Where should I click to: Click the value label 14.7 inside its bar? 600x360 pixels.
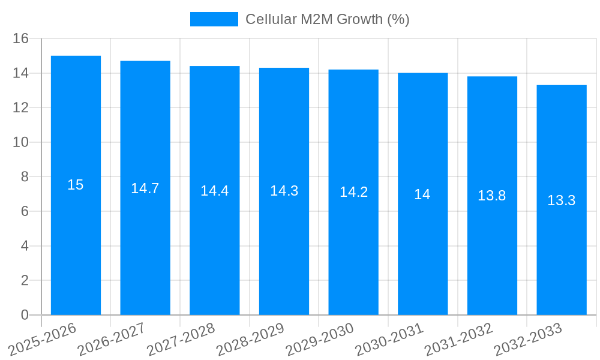coord(145,188)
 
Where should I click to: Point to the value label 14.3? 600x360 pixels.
coord(284,191)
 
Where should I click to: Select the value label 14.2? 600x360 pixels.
coord(353,192)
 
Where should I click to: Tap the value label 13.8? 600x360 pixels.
coord(492,196)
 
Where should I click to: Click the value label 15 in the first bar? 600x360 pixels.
coord(76,185)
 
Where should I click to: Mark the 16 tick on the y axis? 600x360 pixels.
coord(21,38)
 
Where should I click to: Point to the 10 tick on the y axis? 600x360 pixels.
coord(21,142)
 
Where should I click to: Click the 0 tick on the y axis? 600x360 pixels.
coord(25,315)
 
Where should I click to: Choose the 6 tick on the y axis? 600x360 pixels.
coord(25,211)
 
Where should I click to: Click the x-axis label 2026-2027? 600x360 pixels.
coord(112,340)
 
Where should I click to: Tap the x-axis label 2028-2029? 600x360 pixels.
coord(250,340)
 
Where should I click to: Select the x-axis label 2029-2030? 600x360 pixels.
coord(320,340)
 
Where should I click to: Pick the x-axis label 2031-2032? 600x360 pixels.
coord(458,340)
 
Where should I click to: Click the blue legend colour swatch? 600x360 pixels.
coord(214,19)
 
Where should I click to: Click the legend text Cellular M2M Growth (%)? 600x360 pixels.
coord(328,19)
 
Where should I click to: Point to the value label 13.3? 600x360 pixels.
coord(562,200)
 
